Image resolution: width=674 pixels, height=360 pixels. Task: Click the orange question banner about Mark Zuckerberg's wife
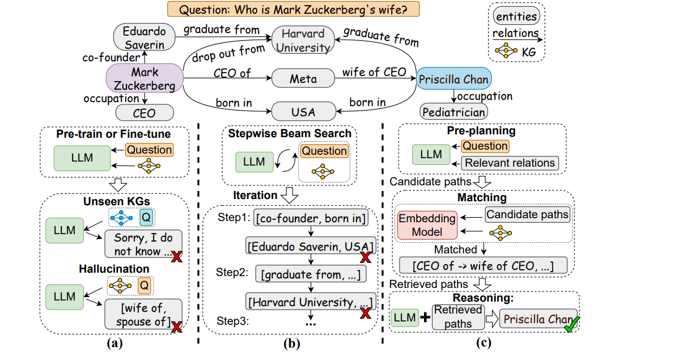pos(293,10)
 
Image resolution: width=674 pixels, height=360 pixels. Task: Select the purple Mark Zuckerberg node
pos(145,79)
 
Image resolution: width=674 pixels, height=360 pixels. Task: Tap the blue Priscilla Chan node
pos(453,79)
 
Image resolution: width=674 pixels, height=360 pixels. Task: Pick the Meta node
pos(303,79)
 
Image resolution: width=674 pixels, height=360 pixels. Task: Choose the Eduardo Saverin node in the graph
pos(144,36)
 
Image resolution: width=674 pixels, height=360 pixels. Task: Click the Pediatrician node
pos(453,112)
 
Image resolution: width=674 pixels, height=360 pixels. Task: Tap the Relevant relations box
pos(510,163)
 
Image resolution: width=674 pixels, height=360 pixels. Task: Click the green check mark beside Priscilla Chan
pos(571,323)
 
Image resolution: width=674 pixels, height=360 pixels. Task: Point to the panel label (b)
pos(289,342)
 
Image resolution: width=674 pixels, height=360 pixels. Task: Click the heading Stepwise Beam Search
pos(290,133)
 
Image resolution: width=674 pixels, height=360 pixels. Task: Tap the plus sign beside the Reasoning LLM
pos(424,318)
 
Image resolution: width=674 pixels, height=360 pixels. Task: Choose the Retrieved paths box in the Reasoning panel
pos(457,317)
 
